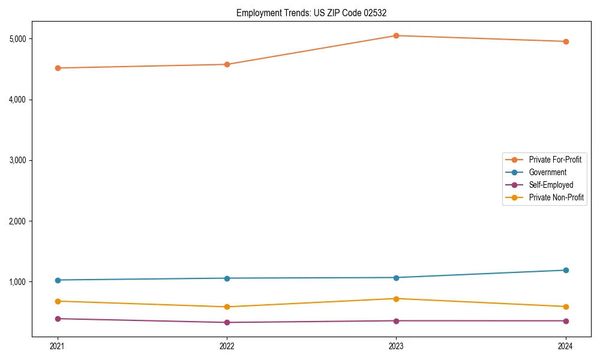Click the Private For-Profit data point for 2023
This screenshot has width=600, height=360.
point(396,35)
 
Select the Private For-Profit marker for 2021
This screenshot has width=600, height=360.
point(58,68)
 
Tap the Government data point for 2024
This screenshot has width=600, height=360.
point(566,270)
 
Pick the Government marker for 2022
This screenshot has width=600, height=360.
point(227,278)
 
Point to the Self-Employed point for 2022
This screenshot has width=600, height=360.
point(227,322)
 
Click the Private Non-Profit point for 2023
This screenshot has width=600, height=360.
point(396,299)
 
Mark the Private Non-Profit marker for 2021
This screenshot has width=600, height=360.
point(58,301)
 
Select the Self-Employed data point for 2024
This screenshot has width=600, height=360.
point(566,320)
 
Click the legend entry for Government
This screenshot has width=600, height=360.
point(547,172)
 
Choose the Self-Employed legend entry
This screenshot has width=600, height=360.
point(551,185)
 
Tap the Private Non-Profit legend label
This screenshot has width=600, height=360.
point(556,197)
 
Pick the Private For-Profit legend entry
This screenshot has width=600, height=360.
point(555,160)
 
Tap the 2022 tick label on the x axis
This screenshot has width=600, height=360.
point(227,346)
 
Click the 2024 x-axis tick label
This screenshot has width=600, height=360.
point(566,346)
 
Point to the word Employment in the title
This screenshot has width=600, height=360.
point(257,13)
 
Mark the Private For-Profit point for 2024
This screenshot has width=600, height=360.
point(566,41)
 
